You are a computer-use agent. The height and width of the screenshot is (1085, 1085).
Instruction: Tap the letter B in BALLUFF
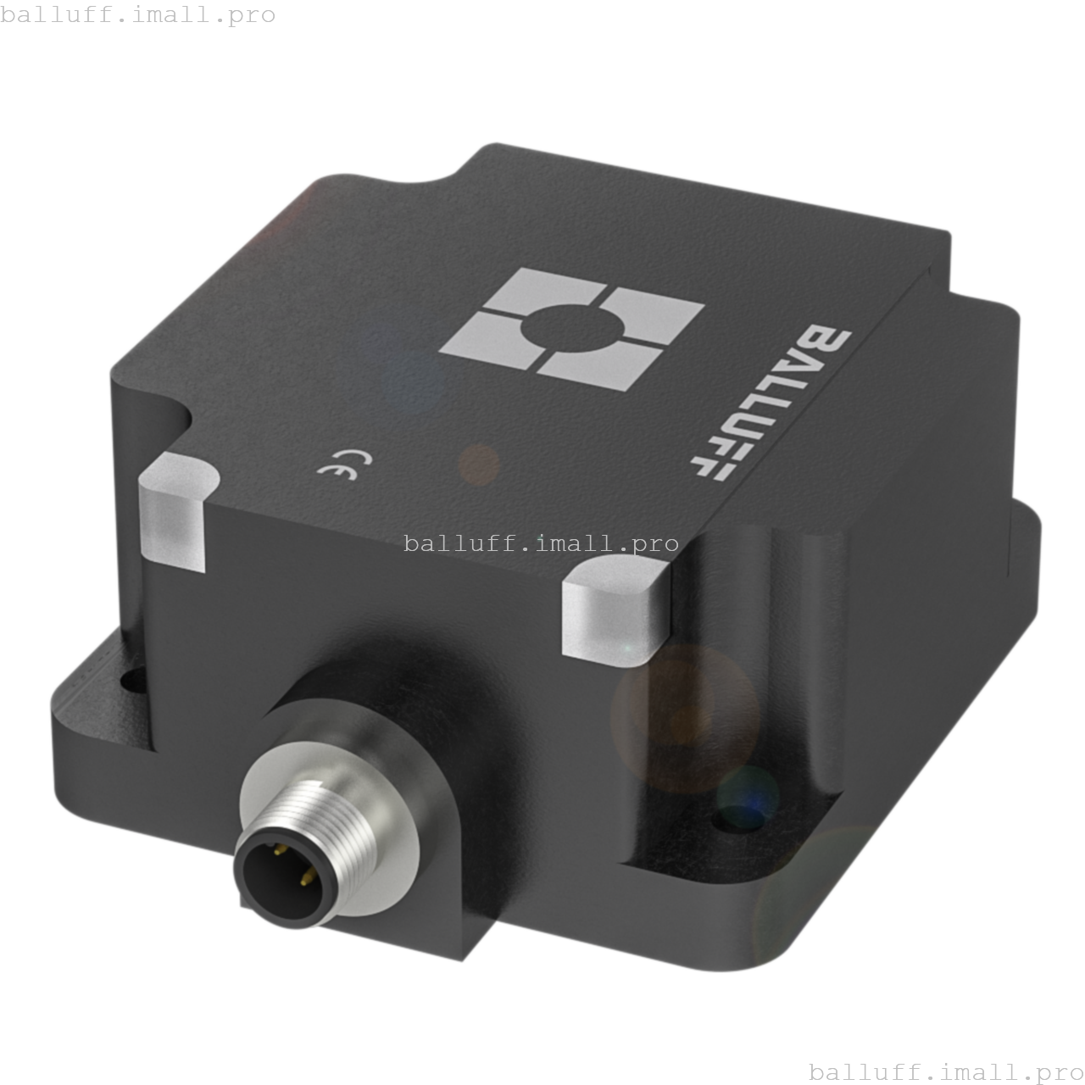point(823,344)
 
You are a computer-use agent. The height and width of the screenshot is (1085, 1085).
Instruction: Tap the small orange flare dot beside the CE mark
point(479,465)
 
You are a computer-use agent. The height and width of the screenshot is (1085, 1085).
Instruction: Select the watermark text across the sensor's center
point(541,543)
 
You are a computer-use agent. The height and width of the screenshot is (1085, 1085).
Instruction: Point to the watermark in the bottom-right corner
point(946,1071)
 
